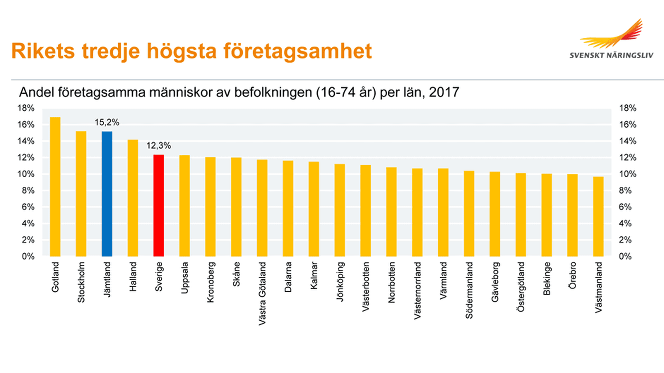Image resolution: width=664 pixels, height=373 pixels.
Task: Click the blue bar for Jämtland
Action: pos(107,194)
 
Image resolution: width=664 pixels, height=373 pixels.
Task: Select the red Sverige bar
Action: pos(159,206)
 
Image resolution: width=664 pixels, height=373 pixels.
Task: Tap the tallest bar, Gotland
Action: pos(55,187)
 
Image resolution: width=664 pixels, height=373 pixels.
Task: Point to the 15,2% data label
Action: pos(107,122)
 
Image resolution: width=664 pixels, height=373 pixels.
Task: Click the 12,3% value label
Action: pos(158,146)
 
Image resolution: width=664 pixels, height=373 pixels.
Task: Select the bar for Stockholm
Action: pos(81,194)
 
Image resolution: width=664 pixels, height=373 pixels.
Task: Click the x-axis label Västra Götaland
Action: pos(262,293)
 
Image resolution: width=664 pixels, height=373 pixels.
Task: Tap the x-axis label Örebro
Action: pos(573,276)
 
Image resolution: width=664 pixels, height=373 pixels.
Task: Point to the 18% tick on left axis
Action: pos(26,108)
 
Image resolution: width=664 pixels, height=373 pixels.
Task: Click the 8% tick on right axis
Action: pos(625,190)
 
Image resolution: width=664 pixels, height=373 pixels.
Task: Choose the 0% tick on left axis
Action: pos(28,257)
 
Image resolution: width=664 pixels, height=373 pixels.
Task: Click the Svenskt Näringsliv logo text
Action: pos(611,55)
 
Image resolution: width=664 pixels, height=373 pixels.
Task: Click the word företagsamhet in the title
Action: pos(297,51)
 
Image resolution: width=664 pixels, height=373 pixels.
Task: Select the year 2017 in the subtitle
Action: pos(444,92)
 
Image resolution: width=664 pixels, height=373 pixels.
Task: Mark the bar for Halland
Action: pos(133,198)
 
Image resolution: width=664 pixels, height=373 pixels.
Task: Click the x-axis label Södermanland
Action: pos(469,290)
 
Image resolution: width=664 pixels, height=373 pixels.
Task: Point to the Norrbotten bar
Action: pos(391,212)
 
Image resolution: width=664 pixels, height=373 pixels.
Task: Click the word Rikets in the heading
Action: pos(43,51)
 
